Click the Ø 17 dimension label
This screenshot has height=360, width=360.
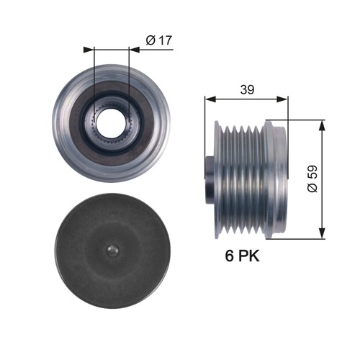(x=158, y=40)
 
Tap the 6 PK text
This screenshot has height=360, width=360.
(x=237, y=256)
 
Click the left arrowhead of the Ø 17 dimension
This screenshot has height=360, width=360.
(x=89, y=50)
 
